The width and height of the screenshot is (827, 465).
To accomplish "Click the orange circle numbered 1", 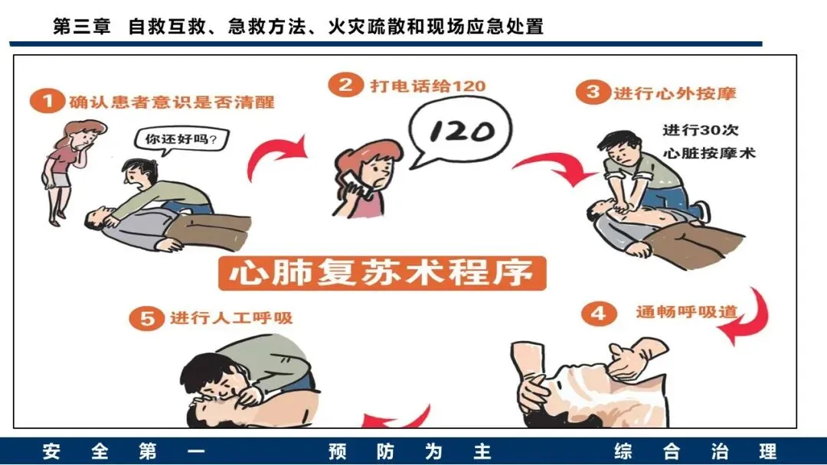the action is pos(47,100).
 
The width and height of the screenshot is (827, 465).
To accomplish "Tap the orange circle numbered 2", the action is pos(345,85).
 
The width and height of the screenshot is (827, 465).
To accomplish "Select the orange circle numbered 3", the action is pos(593,92).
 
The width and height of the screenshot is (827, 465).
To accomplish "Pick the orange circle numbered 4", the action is pos(599,314).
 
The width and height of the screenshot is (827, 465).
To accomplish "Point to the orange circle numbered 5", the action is pos(147,319).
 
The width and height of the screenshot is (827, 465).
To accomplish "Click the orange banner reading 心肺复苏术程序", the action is pos(382,273).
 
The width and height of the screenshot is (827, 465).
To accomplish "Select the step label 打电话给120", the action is pos(428,86).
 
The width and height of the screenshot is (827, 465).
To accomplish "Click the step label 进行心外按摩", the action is pos(675,93).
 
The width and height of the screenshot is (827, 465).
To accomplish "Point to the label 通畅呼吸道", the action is pos(686,312).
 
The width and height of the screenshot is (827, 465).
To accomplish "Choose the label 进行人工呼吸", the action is pos(231,318).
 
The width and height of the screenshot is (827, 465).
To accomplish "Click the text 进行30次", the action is pos(701,129).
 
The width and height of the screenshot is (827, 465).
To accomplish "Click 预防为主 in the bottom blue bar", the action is pos(409,451).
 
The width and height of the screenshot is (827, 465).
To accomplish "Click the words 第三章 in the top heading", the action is pos(82,26).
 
